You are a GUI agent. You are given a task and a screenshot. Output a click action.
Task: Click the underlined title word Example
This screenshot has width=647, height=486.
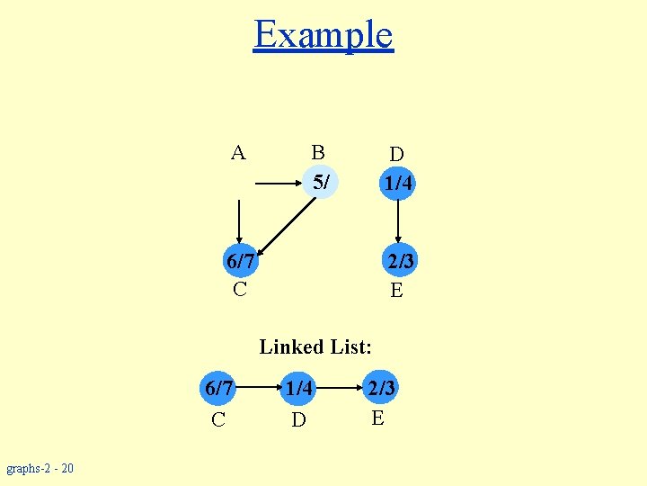(x=323, y=35)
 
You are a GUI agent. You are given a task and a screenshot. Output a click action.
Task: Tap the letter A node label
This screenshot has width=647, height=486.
(x=238, y=153)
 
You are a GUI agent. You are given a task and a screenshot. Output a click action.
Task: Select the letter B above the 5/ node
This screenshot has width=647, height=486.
(x=317, y=151)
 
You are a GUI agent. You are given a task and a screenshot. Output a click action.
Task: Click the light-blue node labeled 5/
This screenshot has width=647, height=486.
(x=321, y=183)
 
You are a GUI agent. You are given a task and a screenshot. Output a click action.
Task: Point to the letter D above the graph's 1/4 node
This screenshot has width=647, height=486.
(x=396, y=155)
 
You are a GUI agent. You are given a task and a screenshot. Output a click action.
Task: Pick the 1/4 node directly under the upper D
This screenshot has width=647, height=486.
(x=396, y=184)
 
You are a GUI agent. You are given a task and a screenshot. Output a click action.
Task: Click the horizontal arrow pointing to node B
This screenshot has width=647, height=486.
(x=279, y=184)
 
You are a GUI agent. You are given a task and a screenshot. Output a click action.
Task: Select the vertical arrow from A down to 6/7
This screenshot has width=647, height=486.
(x=239, y=221)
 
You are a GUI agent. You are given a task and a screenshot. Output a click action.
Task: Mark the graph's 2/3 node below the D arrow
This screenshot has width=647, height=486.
(x=396, y=262)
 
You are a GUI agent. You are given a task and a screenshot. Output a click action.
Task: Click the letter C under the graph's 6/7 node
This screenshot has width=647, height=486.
(x=240, y=289)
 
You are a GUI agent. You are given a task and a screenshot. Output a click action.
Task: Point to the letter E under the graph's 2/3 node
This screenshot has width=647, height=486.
(x=396, y=290)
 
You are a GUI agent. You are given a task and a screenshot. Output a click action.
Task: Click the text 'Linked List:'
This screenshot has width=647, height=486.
(x=315, y=346)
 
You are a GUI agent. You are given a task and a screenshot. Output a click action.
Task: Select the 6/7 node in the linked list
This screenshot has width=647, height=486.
(x=219, y=389)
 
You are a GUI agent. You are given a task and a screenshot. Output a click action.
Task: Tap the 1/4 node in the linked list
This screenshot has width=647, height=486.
(x=299, y=389)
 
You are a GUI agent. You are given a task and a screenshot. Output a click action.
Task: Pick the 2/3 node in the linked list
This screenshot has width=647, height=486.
(x=380, y=389)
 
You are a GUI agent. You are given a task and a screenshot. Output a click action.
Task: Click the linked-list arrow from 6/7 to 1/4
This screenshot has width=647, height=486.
(x=259, y=389)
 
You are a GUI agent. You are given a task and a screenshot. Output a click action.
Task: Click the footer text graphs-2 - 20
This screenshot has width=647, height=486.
(x=40, y=468)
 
